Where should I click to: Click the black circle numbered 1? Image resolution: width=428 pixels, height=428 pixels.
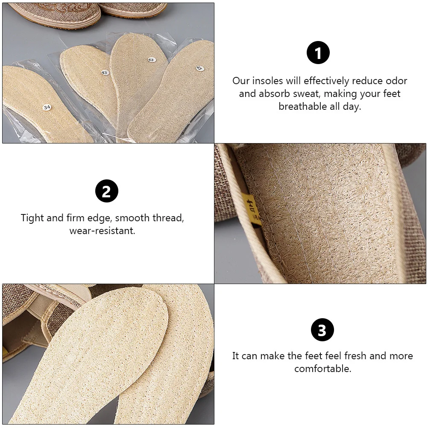click(x=318, y=53)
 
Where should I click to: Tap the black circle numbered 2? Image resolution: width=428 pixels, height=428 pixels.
click(x=106, y=191)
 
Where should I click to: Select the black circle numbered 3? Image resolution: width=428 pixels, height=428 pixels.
click(x=322, y=330)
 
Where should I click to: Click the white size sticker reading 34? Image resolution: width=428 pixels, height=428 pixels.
click(x=47, y=107)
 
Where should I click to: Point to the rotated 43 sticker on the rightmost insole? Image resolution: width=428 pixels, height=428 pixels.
click(x=199, y=68)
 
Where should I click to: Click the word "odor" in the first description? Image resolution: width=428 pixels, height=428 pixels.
click(x=396, y=81)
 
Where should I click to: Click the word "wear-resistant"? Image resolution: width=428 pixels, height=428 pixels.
click(x=103, y=231)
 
